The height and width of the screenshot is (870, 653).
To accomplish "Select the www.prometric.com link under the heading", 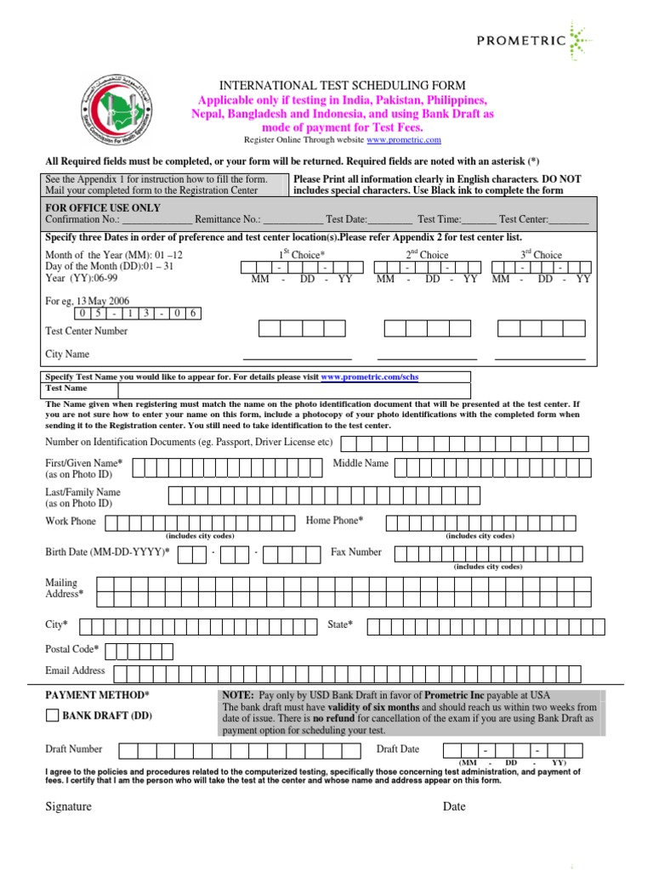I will (404, 140).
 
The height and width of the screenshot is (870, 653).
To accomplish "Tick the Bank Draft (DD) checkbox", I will (52, 715).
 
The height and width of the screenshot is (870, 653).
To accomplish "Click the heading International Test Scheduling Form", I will (343, 85).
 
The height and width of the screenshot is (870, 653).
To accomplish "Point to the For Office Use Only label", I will (102, 207).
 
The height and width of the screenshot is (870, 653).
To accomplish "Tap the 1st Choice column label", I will (302, 255).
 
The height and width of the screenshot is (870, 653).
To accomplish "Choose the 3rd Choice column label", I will (541, 255).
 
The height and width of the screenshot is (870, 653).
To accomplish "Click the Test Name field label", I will (66, 388).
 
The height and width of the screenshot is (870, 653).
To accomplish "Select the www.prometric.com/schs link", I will (369, 376).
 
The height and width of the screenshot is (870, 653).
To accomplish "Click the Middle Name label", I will (361, 463).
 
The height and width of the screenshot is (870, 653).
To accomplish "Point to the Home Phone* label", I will (334, 520).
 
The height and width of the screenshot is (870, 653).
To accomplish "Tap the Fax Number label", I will (356, 552).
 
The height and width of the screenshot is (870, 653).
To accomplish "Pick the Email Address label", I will (75, 670).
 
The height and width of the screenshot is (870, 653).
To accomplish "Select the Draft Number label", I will (74, 749).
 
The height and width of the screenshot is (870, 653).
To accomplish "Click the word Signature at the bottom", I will (68, 806).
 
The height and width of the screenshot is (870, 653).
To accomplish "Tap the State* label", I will (340, 624).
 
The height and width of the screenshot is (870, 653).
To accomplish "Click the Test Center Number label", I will (87, 331).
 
